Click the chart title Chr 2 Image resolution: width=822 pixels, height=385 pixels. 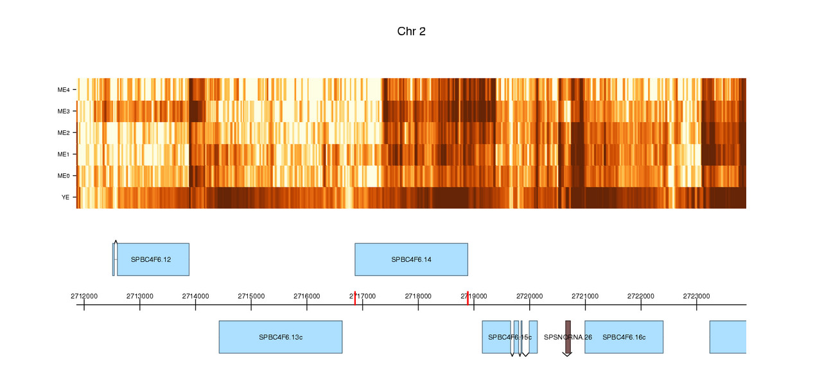411,31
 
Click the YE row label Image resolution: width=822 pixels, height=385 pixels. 66,198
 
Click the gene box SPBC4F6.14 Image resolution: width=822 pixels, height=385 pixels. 411,259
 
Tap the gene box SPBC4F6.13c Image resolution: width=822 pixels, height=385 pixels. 281,337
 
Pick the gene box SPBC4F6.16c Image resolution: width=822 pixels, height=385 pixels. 624,337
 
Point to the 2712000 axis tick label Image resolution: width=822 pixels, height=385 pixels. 84,296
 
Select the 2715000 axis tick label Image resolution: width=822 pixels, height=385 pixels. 251,296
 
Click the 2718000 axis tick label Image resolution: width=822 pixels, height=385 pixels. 418,296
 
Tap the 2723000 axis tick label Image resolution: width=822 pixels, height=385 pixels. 696,296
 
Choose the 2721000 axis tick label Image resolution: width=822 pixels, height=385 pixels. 585,296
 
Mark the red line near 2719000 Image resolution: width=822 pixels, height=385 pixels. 468,298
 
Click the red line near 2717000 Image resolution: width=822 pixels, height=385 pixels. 355,298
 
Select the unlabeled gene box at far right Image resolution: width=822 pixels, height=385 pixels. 728,337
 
